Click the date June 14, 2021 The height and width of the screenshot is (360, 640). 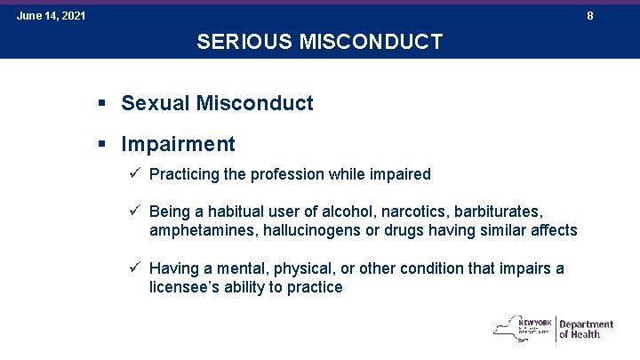click(51, 16)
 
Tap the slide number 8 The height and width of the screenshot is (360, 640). click(590, 16)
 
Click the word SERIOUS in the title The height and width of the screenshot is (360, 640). click(244, 42)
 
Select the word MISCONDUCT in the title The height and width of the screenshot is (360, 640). click(371, 42)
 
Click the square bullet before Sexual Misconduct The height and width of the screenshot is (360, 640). click(101, 103)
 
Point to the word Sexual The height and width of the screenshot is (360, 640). click(155, 102)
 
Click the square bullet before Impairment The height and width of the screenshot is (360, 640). click(101, 144)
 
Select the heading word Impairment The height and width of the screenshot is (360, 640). click(178, 144)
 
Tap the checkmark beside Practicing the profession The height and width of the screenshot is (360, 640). click(135, 172)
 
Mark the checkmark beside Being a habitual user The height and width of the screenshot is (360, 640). click(135, 210)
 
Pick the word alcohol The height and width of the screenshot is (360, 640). click(349, 212)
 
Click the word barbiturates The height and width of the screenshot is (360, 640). click(499, 212)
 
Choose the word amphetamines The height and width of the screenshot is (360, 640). click(204, 230)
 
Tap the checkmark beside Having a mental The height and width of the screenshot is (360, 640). click(135, 267)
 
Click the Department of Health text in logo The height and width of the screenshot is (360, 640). click(586, 329)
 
